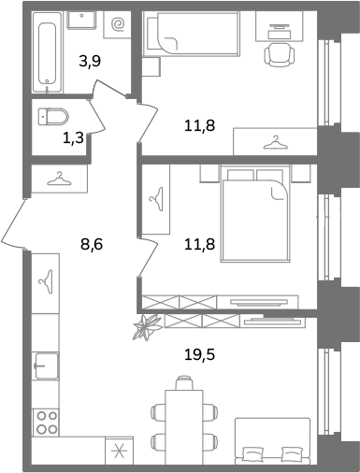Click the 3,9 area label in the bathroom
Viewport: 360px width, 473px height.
(x=90, y=61)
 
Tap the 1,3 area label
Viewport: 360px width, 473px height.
(x=74, y=137)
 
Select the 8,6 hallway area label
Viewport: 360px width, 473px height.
(x=92, y=244)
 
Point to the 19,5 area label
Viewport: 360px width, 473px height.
(x=200, y=354)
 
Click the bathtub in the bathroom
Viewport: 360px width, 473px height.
(x=48, y=52)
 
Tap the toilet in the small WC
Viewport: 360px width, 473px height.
(x=53, y=117)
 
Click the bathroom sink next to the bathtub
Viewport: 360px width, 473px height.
(x=81, y=20)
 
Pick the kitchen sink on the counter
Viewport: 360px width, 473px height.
(x=47, y=365)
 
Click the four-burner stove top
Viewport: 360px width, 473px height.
(x=47, y=423)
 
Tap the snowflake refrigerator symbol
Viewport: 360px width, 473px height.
(x=119, y=451)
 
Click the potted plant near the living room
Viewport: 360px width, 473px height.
(x=148, y=327)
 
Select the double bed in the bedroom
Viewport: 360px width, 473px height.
(x=255, y=214)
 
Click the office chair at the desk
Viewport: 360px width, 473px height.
(x=280, y=54)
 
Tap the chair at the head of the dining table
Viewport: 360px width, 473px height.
(x=184, y=383)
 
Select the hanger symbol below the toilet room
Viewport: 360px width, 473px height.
(x=59, y=179)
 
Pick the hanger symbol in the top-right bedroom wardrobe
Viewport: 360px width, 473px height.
(x=275, y=142)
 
